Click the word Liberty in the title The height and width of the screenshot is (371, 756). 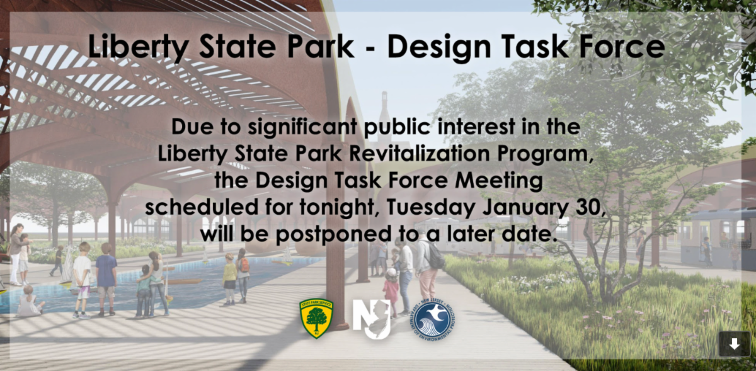click(x=138, y=47)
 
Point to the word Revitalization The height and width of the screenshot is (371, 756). click(x=419, y=154)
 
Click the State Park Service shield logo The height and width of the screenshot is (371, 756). click(x=316, y=318)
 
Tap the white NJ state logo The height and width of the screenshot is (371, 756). click(x=372, y=319)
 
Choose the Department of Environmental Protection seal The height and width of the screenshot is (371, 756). click(x=432, y=319)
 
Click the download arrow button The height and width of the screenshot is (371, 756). click(x=735, y=345)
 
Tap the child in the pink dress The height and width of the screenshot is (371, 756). click(x=391, y=292)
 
